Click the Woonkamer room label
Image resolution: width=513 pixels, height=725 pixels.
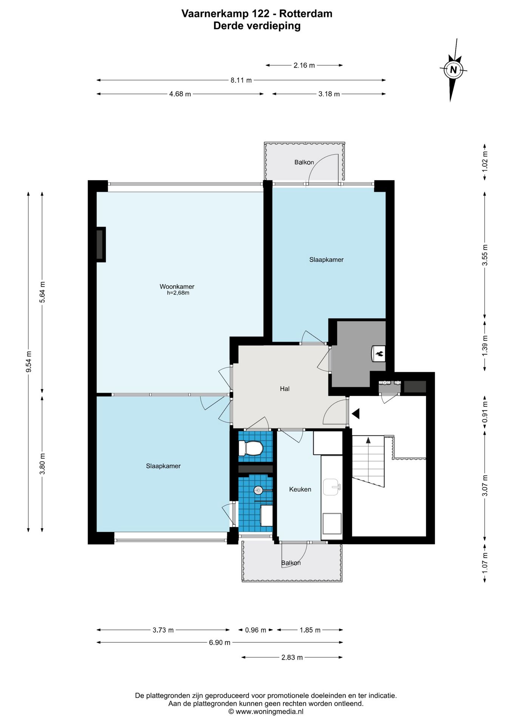point(177,287)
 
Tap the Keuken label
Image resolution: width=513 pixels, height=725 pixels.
point(300,489)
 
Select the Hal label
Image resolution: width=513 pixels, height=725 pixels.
point(284,389)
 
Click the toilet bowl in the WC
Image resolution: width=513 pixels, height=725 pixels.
point(251,448)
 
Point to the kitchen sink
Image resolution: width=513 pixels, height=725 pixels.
point(332,487)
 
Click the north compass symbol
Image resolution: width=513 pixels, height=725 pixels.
point(453,70)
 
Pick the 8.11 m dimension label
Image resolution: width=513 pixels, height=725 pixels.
point(241,80)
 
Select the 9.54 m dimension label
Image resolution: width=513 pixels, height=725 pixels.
point(29,361)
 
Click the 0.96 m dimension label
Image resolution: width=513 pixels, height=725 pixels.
point(256,630)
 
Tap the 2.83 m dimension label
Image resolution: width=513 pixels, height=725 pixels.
point(292,657)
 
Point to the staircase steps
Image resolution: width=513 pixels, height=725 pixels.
point(368,461)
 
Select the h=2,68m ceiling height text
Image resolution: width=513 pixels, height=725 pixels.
point(178,293)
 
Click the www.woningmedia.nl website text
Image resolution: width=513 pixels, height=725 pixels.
point(269,711)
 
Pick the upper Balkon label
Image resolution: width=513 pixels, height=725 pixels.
point(304,162)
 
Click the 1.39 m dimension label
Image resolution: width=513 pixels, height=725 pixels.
point(485,345)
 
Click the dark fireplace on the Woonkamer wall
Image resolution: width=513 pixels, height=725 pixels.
point(100,244)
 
